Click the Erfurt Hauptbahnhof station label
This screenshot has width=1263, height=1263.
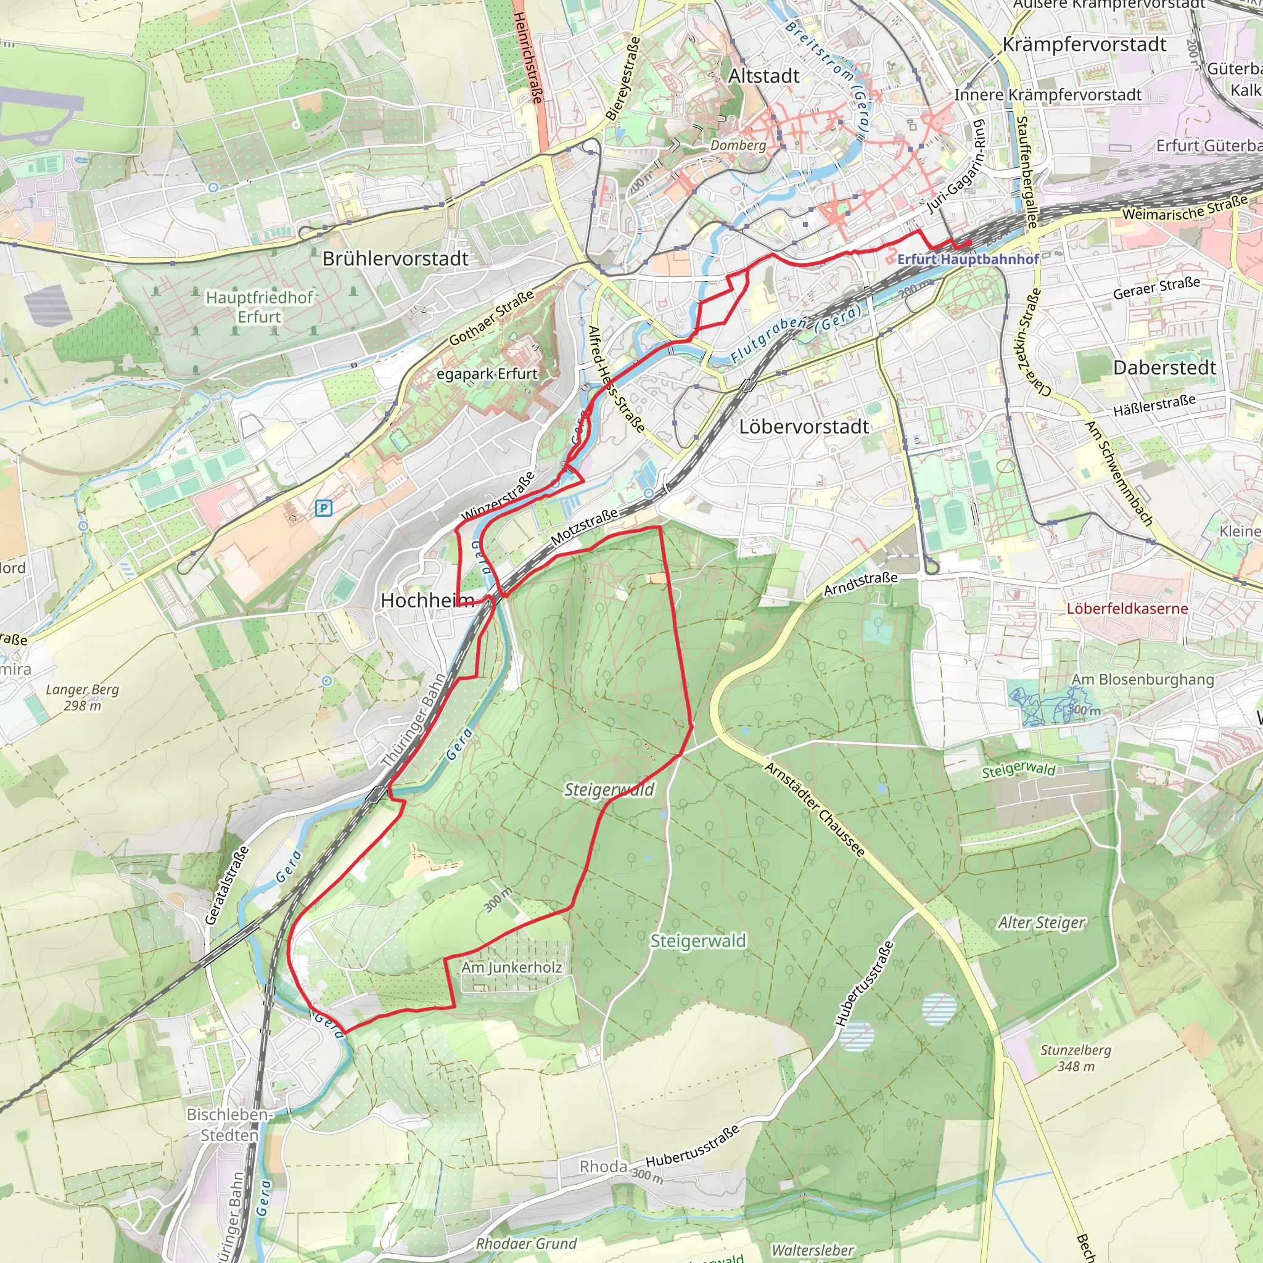click(x=968, y=260)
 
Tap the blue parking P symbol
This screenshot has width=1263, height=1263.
click(x=324, y=508)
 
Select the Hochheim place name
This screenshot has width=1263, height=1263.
click(x=426, y=600)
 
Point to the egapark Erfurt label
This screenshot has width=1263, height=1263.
click(x=487, y=374)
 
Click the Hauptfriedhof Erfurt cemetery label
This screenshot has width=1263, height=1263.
click(x=260, y=306)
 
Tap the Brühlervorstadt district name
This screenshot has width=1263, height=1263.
click(x=395, y=258)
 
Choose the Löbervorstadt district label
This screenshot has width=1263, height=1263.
click(x=804, y=427)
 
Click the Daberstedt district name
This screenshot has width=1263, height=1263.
click(x=1164, y=368)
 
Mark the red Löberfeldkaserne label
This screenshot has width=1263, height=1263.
click(x=1127, y=608)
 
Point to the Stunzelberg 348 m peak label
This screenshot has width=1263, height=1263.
click(x=1076, y=1058)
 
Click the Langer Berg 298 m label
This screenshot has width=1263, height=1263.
click(x=83, y=697)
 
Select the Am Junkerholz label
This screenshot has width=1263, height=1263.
click(x=511, y=967)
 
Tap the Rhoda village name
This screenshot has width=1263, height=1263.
click(x=603, y=1166)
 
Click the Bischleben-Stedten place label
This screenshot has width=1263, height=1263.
click(x=229, y=1124)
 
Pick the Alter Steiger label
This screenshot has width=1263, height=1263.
click(x=1041, y=923)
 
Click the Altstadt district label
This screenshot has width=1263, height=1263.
click(x=763, y=76)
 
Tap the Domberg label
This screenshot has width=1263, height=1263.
click(x=738, y=145)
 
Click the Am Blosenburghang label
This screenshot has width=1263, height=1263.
click(x=1142, y=679)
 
